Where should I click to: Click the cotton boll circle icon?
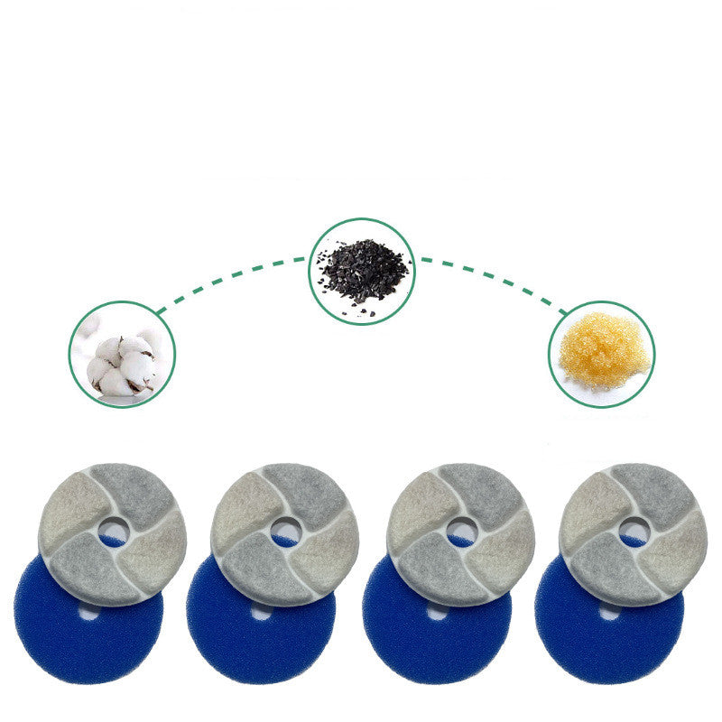(123, 354)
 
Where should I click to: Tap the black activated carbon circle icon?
(362, 271)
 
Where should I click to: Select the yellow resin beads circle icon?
(601, 354)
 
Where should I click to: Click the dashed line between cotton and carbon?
(230, 277)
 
